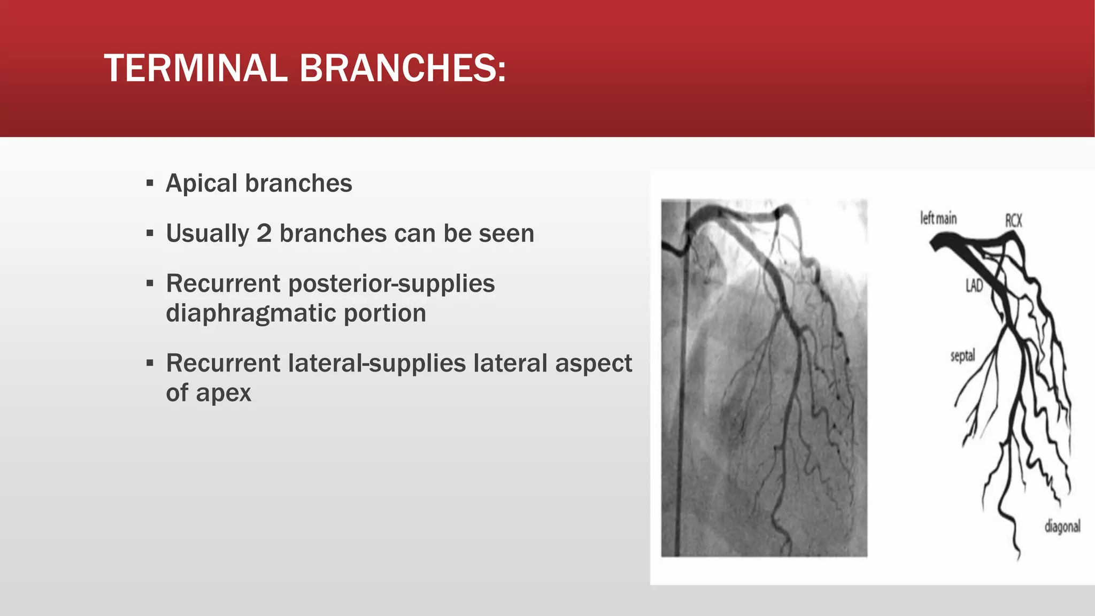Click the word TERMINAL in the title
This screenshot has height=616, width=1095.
[x=196, y=68]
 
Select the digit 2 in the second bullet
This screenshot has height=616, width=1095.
[x=264, y=234]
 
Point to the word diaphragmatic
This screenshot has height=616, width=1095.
[x=250, y=313]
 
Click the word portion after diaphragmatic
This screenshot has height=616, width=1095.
[x=385, y=313]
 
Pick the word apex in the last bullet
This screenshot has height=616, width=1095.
[x=223, y=394]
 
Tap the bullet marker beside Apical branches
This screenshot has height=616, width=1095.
[x=150, y=183]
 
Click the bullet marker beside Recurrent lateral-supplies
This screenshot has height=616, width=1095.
[x=150, y=364]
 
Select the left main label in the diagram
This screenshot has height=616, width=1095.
[x=938, y=218]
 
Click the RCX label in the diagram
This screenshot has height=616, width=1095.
[x=1013, y=220]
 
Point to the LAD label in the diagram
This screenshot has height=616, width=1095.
[x=974, y=286]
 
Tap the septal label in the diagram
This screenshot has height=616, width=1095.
[x=962, y=356]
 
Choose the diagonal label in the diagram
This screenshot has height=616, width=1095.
[x=1062, y=527]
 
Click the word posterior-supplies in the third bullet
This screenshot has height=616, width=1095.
[x=391, y=283]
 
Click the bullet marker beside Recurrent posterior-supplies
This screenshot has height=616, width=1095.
[x=150, y=283]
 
